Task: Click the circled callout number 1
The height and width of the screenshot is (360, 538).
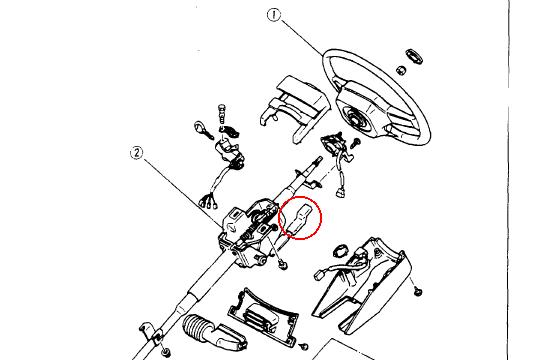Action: tap(273, 15)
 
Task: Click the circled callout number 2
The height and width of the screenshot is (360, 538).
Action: tap(137, 153)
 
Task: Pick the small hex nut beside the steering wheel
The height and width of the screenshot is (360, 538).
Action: tap(401, 70)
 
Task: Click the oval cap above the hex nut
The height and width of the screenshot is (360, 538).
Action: tap(414, 56)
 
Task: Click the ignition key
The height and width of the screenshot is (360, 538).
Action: tap(203, 130)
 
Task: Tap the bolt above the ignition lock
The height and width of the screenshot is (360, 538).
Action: tap(223, 112)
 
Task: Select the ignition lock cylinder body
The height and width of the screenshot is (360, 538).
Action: tap(229, 154)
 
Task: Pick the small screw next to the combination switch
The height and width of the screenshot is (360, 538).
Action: tap(355, 143)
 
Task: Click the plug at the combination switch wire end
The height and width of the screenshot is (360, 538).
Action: tap(341, 192)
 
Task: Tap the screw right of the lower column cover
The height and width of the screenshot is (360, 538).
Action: tap(418, 291)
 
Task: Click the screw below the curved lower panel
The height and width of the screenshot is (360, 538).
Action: tap(303, 347)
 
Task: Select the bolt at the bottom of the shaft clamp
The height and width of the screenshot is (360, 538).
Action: tap(166, 352)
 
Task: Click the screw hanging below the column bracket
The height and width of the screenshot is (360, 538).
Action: tap(283, 265)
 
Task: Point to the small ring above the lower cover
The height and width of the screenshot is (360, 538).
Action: tap(340, 251)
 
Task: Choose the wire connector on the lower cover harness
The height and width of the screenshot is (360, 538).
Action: tap(319, 275)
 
